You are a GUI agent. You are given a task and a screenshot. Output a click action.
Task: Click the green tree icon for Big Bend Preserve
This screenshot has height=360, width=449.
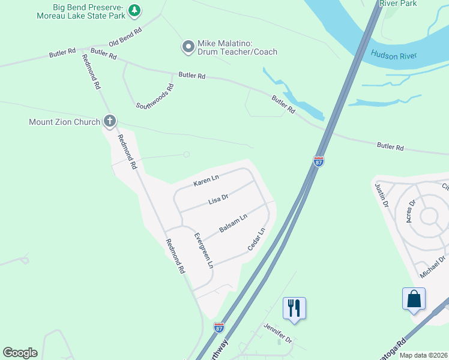(x=135, y=10)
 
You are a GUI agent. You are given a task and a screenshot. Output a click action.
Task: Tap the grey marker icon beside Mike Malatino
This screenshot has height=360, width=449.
(x=188, y=46)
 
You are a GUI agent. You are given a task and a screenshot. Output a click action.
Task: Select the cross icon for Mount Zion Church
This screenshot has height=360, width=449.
(x=109, y=122)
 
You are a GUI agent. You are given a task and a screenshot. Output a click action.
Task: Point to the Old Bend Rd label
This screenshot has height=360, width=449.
(x=125, y=37)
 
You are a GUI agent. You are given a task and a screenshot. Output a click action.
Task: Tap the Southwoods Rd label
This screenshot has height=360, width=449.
(x=155, y=96)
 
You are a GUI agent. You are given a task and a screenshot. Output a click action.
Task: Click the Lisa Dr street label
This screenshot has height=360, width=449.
(x=218, y=199)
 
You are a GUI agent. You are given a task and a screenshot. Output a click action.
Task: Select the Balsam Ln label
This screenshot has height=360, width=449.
(x=233, y=224)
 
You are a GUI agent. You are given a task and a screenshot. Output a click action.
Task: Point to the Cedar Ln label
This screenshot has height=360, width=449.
(x=256, y=239)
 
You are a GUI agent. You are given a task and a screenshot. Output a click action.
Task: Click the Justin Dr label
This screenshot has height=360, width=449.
(x=382, y=195)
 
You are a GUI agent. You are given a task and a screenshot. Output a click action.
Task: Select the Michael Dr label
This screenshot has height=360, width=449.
(x=433, y=267)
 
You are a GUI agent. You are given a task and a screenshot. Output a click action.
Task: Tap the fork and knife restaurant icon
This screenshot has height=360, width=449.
(x=294, y=308)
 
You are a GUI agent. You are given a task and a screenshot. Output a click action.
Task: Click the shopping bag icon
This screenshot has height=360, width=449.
(x=414, y=298)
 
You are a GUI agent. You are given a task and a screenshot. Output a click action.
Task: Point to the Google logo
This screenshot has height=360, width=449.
(x=20, y=353)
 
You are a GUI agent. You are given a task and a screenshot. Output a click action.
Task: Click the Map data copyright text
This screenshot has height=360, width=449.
(x=424, y=355)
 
